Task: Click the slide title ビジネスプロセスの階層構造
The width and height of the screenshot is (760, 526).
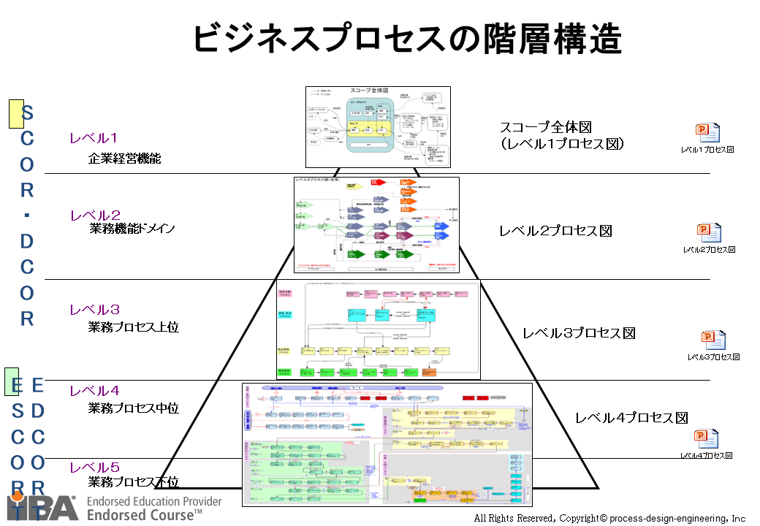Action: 407,39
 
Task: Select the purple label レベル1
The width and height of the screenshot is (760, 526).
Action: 94,138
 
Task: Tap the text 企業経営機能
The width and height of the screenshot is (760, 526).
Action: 124,158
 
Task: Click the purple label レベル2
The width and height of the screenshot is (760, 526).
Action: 95,216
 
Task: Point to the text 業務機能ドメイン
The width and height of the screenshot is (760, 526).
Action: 132,229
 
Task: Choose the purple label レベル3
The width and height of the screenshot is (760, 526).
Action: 94,310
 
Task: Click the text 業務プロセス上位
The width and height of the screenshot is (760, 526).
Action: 133,327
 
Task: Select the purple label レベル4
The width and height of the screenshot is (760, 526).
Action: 94,391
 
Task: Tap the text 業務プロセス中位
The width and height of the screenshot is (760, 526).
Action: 133,408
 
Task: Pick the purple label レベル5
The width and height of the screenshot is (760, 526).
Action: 94,468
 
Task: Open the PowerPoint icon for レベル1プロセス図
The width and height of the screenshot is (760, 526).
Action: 707,132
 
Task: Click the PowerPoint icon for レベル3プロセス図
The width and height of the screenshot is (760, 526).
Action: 713,340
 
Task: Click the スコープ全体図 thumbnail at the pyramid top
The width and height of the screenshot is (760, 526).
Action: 377,126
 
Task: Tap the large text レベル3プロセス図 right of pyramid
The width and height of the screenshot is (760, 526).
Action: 579,333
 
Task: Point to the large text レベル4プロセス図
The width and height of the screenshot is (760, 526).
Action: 631,418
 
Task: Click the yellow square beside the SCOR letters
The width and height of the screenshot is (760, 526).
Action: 15,114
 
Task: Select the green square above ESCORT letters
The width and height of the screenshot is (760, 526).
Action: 12,381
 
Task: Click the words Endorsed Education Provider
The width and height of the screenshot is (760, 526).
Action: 153,502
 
